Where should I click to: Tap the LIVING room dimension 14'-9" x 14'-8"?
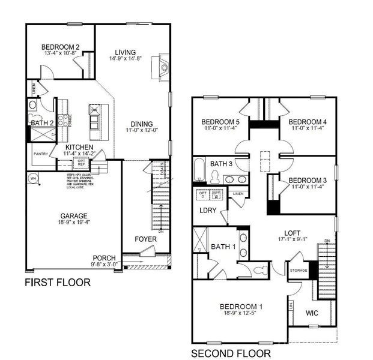tap(126, 59)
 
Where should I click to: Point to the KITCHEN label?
tap(79, 146)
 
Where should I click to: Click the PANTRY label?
tap(40, 154)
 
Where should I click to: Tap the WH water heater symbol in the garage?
tap(34, 178)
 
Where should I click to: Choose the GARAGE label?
tap(73, 216)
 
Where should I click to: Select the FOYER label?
tap(145, 239)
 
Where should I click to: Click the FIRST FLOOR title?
tap(58, 282)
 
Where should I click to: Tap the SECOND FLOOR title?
tap(231, 353)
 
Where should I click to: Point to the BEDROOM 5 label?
tap(221, 122)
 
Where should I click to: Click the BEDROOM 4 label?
tap(307, 122)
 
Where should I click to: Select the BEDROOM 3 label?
tap(307, 180)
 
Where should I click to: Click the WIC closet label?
tap(312, 313)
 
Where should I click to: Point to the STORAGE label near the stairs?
tap(299, 271)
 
